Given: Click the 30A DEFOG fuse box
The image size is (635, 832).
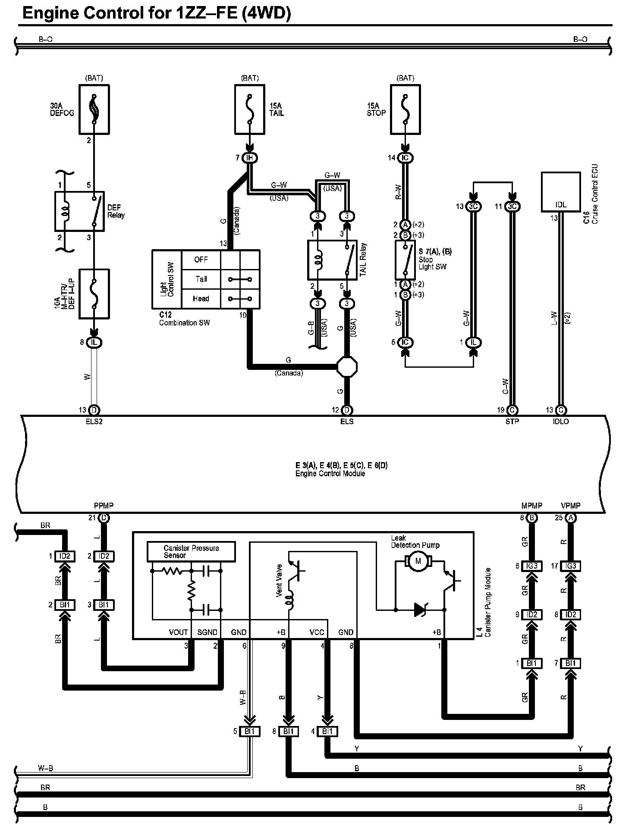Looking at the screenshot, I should tap(94, 109).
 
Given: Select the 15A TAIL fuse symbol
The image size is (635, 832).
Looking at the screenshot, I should tap(250, 109).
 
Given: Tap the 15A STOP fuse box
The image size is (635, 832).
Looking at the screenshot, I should tap(405, 109).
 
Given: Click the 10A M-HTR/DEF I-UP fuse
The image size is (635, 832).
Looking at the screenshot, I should tap(94, 294).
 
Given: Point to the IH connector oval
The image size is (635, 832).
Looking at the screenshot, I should tap(249, 158).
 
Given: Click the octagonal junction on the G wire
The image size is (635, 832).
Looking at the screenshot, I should tap(347, 367).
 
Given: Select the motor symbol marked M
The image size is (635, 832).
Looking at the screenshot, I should tap(417, 561).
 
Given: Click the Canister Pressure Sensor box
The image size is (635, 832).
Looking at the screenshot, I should tap(191, 551).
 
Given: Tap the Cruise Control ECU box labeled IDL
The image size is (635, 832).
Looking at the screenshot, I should tap(561, 192).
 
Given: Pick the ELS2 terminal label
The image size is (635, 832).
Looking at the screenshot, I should tap(94, 422).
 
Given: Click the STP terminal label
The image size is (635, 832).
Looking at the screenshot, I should tap(512, 422).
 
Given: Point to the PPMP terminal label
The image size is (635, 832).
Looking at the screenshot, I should tap(104, 506).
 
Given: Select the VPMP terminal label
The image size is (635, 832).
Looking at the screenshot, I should tap(570, 506).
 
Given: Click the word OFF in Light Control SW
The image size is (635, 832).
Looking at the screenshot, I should tap(201, 260).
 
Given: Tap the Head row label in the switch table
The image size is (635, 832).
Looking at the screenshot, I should tap(201, 298).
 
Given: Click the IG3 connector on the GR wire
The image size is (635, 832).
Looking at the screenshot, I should tap(532, 566).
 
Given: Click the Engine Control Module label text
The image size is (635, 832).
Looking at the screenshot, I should tap(330, 474).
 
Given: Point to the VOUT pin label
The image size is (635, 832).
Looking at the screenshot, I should tap(178, 632).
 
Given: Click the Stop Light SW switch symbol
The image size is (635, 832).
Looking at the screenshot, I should tap(405, 260).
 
